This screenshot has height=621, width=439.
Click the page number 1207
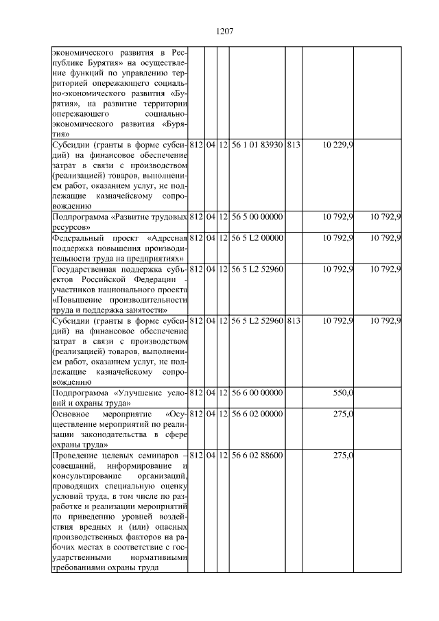click(226, 31)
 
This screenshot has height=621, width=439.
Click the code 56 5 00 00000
click(257, 217)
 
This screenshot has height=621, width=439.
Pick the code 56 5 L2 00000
click(257, 237)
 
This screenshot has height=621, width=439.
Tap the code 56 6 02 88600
click(257, 456)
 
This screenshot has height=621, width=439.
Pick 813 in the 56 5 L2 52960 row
click(294, 320)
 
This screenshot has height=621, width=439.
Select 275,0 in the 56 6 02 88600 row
click(342, 456)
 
